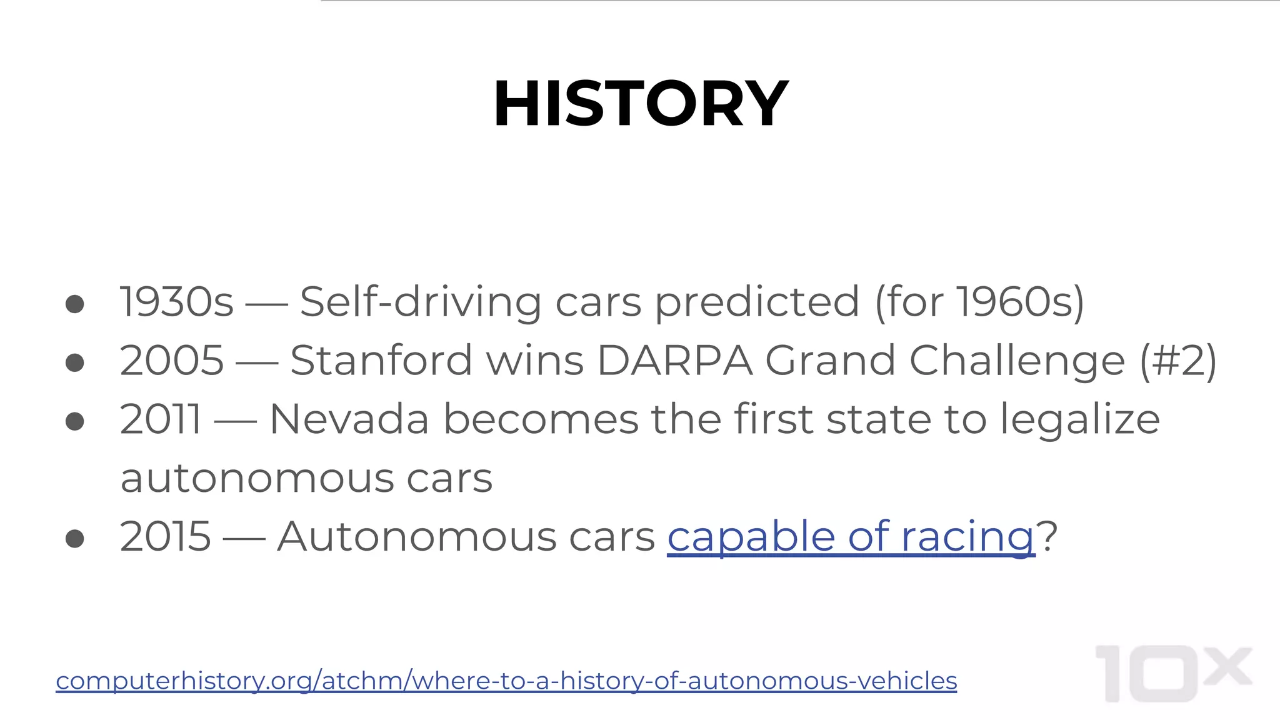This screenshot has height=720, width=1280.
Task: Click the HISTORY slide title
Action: [x=640, y=104]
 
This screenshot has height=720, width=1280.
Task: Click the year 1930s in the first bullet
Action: [x=176, y=302]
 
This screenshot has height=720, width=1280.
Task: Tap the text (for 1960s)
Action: [x=979, y=302]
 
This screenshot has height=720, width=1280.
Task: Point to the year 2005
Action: [x=172, y=361]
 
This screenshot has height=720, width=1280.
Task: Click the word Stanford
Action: [x=381, y=361]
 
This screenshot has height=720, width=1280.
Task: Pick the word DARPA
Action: [x=675, y=361]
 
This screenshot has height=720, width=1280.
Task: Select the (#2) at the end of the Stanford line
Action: [x=1178, y=361]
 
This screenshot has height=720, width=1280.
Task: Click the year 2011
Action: [x=161, y=419]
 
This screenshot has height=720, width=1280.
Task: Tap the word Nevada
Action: [x=349, y=419]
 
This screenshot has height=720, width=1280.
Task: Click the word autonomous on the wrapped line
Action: [x=257, y=478]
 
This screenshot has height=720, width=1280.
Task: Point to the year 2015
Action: [x=166, y=537]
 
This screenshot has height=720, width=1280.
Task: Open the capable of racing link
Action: [x=851, y=537]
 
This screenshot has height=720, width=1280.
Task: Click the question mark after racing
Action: [x=1047, y=537]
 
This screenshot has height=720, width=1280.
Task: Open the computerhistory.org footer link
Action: [x=506, y=681]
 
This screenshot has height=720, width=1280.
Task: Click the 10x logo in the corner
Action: [x=1173, y=673]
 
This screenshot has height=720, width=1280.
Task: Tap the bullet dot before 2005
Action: [x=75, y=362]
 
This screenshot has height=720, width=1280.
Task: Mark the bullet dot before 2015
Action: [x=75, y=538]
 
